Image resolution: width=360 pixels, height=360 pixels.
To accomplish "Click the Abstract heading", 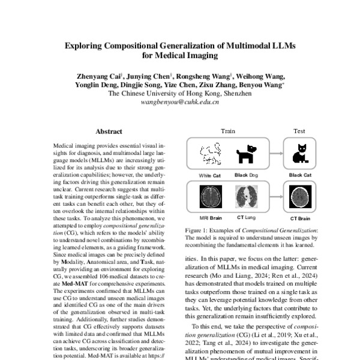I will pos(109,131).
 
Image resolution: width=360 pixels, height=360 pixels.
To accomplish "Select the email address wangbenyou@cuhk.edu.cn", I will pos(179,102).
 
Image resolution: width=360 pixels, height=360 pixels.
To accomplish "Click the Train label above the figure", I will pos(228,131).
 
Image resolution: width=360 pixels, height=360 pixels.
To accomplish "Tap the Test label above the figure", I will pos(299,131).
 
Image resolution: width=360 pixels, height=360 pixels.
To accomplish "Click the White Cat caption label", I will pos(211,175).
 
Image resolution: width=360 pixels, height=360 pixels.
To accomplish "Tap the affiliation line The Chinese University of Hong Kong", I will pos(179,94).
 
